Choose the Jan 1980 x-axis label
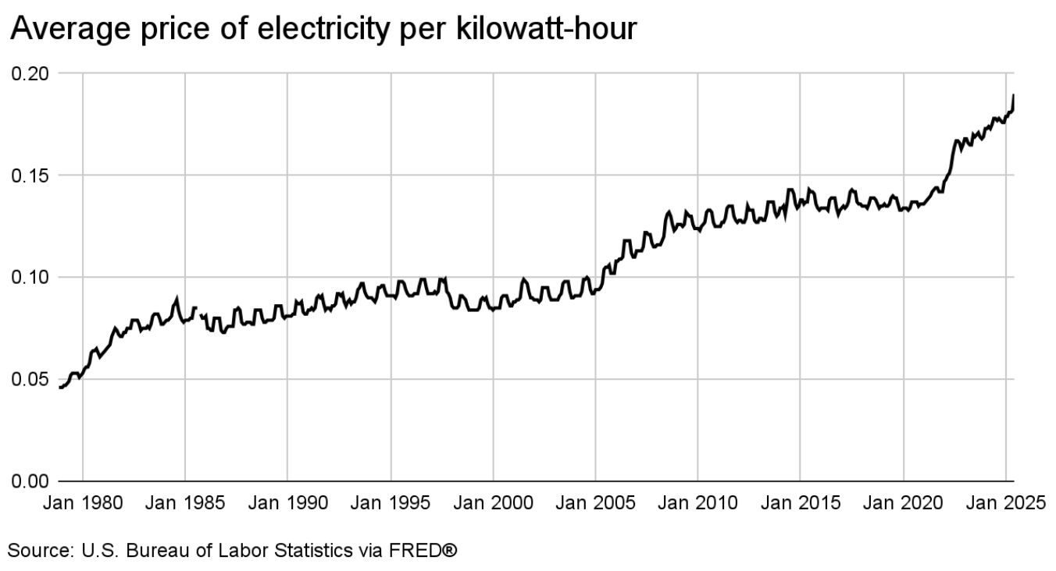pos(83,503)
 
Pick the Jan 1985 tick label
pos(185,503)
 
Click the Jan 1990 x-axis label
pos(287,503)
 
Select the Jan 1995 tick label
pos(391,503)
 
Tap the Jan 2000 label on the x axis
pos(493,503)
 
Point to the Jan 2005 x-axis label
pos(595,503)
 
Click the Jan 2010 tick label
pos(697,503)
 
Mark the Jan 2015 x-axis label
pos(801,503)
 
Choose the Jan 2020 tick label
pos(903,503)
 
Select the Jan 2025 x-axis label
pos(1005,503)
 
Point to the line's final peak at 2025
pos(1013,96)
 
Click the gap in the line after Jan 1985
pos(198,311)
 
